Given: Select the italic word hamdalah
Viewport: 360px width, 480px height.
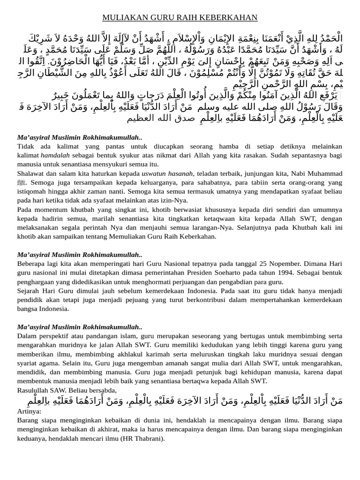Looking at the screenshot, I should point(55,155).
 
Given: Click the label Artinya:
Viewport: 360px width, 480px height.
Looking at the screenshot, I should point(29,411).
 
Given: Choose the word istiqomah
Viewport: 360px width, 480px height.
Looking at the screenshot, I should point(33,192).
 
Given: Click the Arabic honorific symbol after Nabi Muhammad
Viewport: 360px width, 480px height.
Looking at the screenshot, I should point(21,183).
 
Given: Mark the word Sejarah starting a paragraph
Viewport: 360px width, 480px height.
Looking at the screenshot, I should point(29,291).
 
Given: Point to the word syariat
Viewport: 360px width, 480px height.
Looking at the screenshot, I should point(28,363).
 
